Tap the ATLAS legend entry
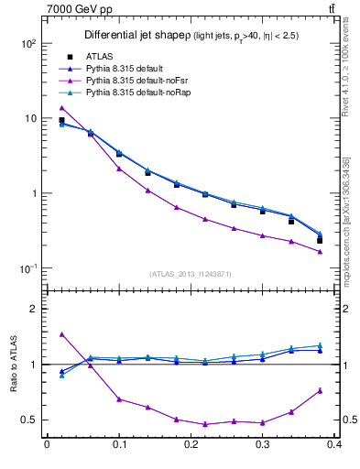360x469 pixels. point(108,57)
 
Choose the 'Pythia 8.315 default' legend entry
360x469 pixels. point(134,69)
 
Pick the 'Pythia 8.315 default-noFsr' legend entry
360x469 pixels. point(143,81)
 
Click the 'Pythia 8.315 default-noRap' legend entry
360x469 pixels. point(144,93)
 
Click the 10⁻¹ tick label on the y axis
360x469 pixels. point(27,268)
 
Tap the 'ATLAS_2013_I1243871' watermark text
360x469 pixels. point(191,274)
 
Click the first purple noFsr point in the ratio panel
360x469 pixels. point(61,334)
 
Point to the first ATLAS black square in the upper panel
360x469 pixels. point(61,120)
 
